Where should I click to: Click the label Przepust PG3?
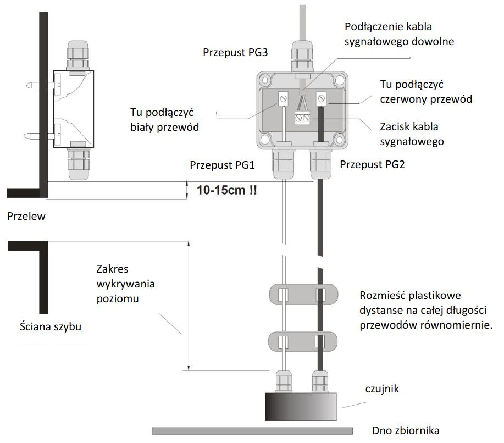tap(236, 53)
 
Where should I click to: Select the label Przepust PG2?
tap(372, 165)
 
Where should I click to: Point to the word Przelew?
tap(26, 217)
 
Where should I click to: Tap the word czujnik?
tap(382, 390)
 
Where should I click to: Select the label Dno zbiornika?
tap(406, 431)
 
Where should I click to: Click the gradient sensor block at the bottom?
tap(300, 407)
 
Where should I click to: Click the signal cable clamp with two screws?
tap(302, 117)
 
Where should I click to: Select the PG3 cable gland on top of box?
tap(301, 57)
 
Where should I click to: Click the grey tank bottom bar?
tap(252, 430)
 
